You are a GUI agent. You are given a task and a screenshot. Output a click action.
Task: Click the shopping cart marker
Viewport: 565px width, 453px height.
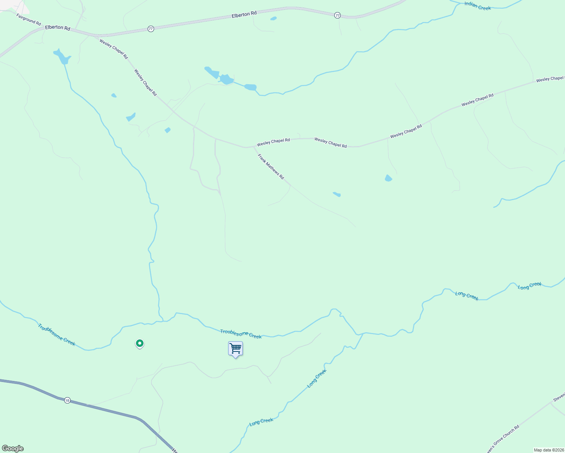(x=235, y=348)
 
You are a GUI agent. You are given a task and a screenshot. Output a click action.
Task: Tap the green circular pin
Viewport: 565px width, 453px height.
(x=140, y=343)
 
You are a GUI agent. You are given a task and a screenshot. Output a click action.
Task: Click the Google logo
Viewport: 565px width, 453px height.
(x=13, y=448)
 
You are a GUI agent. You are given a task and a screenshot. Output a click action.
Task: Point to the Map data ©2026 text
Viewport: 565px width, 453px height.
(x=549, y=450)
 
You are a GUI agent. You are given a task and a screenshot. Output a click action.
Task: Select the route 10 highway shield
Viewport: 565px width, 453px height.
(x=67, y=400)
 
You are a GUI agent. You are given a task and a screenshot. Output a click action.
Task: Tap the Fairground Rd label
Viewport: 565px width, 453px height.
(x=29, y=19)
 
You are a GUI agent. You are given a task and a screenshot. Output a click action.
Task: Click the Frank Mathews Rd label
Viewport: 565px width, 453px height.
(x=271, y=166)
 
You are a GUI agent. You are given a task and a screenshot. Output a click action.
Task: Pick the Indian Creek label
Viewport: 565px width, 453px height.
(x=477, y=6)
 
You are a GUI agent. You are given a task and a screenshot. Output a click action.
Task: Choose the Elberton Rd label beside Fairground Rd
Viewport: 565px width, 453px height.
(x=57, y=28)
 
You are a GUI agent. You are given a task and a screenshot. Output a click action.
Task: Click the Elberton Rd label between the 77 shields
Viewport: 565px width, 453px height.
(x=244, y=14)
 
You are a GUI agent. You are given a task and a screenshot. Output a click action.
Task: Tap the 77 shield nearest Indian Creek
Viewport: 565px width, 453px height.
(x=337, y=15)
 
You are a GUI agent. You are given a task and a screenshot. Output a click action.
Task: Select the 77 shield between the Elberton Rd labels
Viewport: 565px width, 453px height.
(x=151, y=29)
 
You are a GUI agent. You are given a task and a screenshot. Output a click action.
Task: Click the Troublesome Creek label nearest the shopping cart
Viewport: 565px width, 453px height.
(x=241, y=334)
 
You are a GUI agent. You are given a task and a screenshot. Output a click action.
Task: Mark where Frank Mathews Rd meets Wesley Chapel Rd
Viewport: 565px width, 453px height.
(x=252, y=146)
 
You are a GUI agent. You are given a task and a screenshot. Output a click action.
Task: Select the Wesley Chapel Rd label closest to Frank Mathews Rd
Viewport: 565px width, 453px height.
(x=273, y=142)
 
